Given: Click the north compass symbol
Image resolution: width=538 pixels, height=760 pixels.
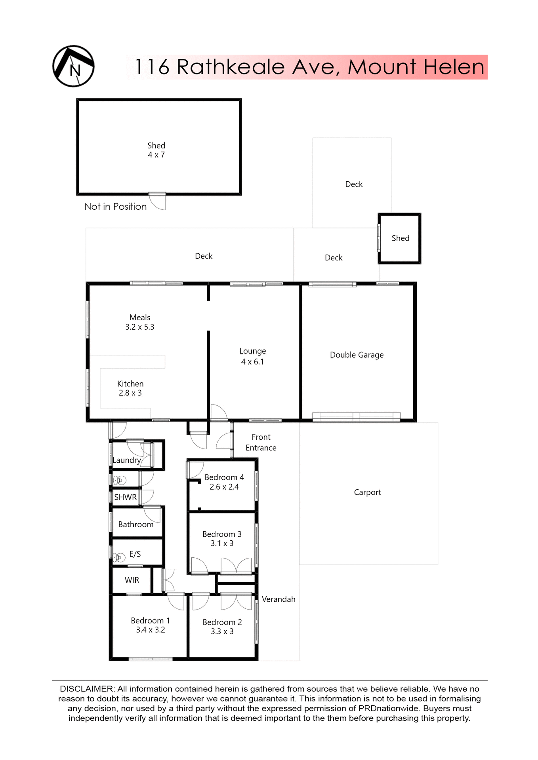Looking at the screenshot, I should pos(73,66).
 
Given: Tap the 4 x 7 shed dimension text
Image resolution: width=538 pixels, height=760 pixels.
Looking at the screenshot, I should pos(156,155).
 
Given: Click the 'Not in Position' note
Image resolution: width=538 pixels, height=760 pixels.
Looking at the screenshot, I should pos(115,207).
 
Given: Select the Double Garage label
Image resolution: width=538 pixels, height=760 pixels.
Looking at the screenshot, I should pos(357,355).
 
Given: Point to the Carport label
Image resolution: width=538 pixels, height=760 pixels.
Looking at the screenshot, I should pos(367,492).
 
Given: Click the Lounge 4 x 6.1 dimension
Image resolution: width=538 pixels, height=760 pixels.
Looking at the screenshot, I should pos(252,362).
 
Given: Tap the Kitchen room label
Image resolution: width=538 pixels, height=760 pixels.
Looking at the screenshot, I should pos(130,384).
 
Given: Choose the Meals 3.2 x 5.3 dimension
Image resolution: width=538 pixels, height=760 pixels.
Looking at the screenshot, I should pos(139,327).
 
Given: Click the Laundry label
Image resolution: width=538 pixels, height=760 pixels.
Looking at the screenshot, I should pos(126,460).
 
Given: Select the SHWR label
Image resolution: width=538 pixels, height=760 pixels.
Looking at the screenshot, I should pos(125,498).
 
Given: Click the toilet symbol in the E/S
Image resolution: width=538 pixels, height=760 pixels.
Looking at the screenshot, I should pos(119,558).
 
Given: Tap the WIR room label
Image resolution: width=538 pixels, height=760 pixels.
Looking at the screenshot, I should pos(132,580).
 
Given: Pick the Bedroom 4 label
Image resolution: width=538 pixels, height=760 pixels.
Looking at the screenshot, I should pos(224,478).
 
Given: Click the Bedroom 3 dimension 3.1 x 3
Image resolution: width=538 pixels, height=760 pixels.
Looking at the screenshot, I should pos(222,544).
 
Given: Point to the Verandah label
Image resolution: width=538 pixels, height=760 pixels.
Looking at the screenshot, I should pos(279,599).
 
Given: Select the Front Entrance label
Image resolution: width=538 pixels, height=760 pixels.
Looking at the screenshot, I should pos(261,443).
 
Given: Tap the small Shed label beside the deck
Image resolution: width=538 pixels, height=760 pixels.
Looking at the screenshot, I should pos(400,238).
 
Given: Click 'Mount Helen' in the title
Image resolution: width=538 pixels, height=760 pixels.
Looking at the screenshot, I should pos(416,67).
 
